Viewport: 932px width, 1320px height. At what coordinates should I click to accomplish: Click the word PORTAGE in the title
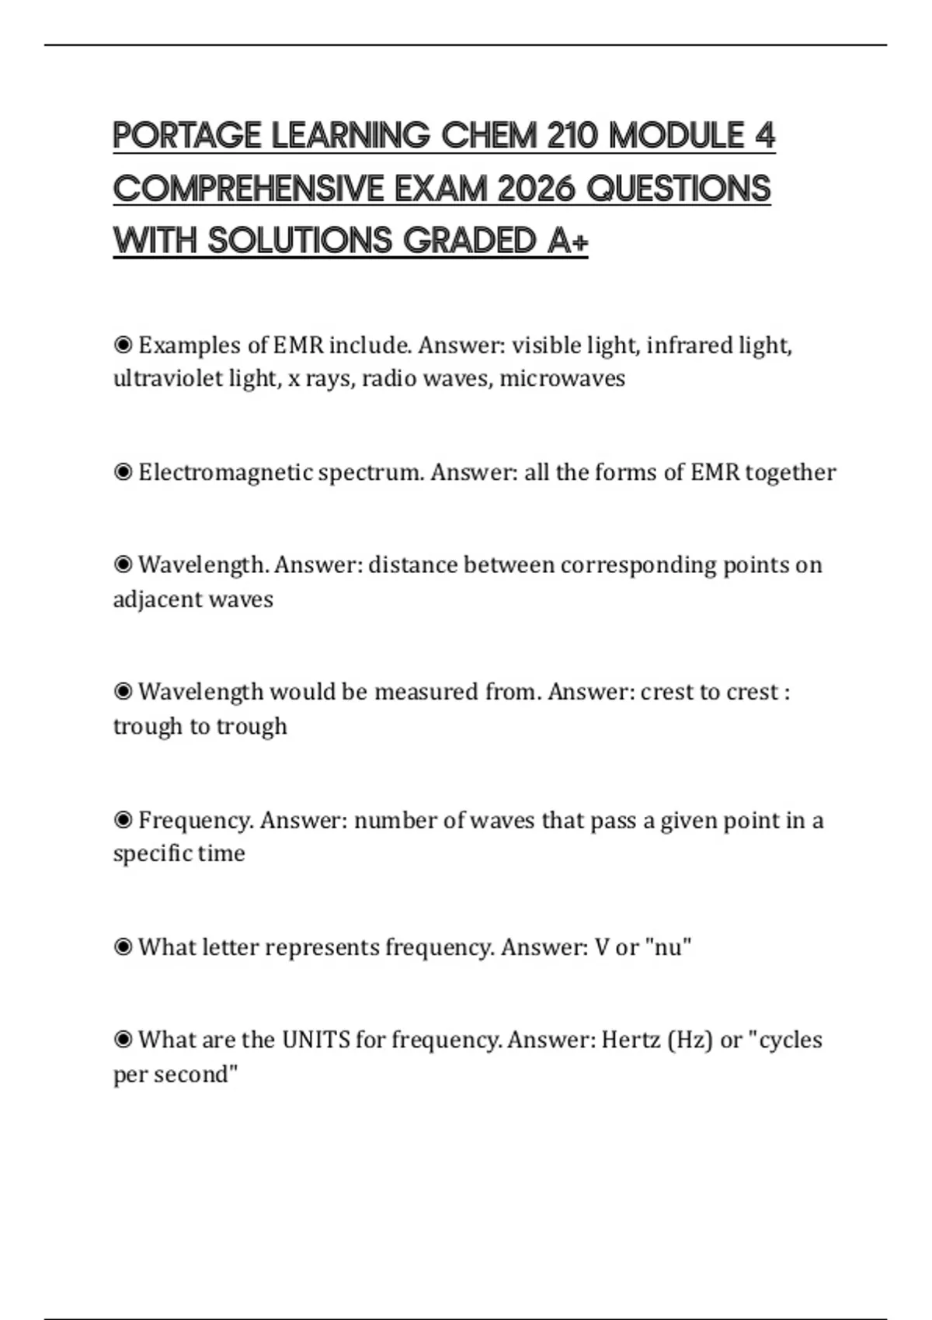[186, 136]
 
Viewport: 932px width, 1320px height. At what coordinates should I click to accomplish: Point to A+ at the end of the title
[568, 241]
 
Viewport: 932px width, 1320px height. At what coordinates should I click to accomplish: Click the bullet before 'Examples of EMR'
[123, 344]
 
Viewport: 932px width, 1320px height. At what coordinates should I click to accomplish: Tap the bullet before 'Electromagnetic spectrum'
[123, 471]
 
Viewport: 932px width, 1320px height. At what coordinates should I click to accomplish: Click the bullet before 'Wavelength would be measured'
[123, 691]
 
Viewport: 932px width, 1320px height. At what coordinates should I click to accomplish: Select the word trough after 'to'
[252, 726]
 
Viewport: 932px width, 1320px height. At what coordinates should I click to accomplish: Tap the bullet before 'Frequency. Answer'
[123, 819]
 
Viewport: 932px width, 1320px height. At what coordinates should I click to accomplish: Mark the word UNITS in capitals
[315, 1040]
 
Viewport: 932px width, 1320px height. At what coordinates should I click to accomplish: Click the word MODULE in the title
[676, 136]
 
